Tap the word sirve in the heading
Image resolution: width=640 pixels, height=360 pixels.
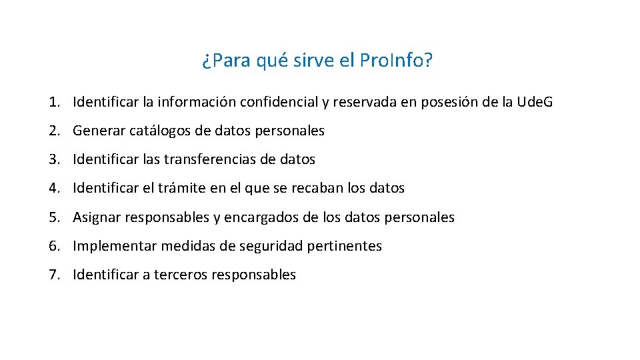[x=313, y=61]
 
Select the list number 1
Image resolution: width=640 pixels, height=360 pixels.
[x=53, y=103]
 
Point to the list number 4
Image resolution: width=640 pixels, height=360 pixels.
[x=53, y=189]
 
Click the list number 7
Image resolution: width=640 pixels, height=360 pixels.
[x=53, y=275]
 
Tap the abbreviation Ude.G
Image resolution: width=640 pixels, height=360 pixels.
[x=535, y=103]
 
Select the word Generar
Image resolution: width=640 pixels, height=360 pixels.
[x=99, y=131]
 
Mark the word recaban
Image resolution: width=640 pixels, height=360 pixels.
[x=318, y=189]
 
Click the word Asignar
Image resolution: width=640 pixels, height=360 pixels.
[x=97, y=217]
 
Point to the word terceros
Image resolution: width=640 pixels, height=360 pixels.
[x=180, y=275]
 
